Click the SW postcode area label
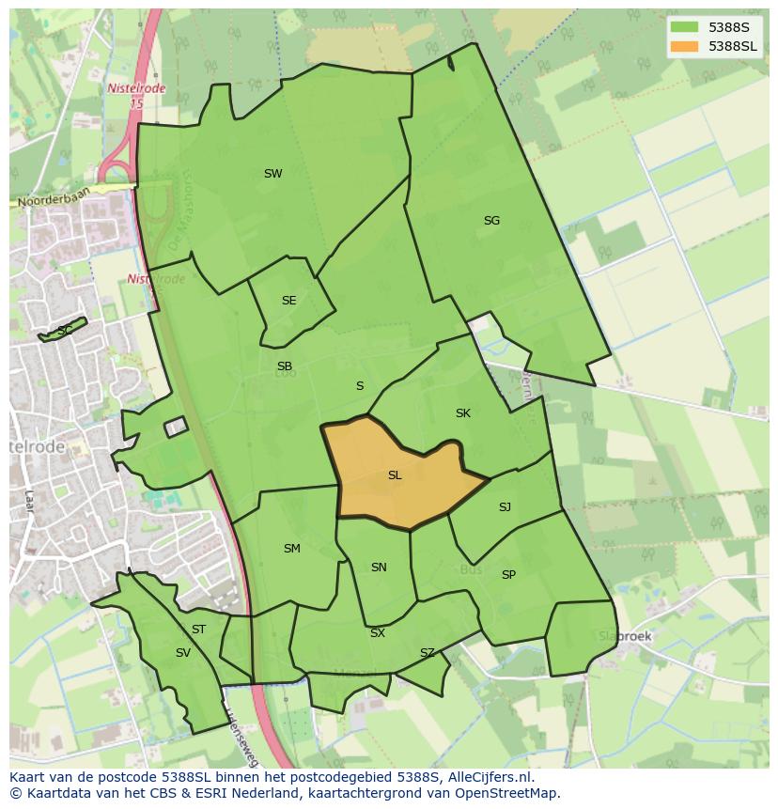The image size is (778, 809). tap(272, 174)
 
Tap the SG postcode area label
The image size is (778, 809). tap(491, 221)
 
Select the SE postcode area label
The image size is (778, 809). tap(288, 301)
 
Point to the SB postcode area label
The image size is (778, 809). tap(284, 366)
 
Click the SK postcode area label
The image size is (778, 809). tap(462, 413)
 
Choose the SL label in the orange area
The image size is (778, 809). tap(395, 475)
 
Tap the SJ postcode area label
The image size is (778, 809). tap(505, 507)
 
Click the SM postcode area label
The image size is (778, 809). tap(291, 549)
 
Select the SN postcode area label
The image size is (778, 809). tap(379, 568)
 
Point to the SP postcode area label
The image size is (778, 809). tap(508, 575)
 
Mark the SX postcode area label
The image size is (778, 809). tap(377, 633)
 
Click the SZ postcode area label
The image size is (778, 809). tap(428, 653)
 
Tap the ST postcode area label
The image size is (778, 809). tap(198, 630)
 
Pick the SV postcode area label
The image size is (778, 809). tap(182, 653)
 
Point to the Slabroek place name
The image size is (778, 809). tap(625, 636)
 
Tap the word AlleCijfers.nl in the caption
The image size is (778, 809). tap(490, 777)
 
